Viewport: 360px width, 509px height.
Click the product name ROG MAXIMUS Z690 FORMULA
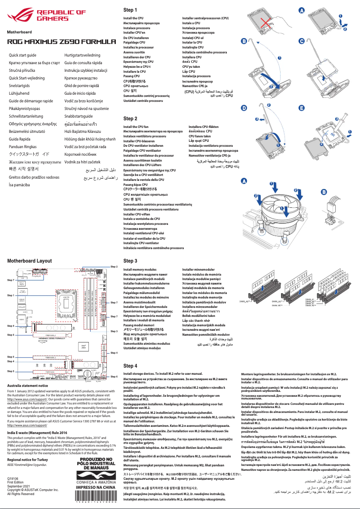[58, 42]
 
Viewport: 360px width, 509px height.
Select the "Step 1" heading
[130, 10]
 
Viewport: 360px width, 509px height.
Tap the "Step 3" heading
[130, 261]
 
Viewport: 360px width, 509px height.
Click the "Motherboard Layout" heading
[29, 261]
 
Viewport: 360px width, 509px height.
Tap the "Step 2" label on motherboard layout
[114, 267]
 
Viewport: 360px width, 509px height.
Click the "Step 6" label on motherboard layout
[114, 377]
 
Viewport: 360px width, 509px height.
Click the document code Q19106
[13, 480]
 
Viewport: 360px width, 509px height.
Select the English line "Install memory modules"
[140, 269]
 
